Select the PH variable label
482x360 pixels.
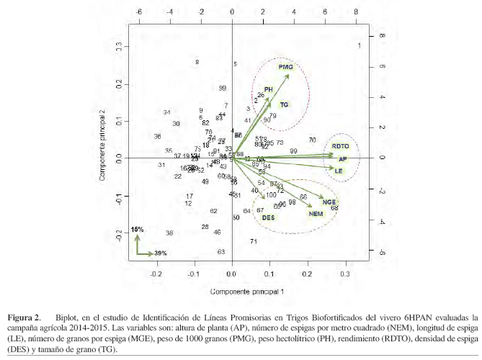tap(269, 89)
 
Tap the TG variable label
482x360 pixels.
tap(285, 104)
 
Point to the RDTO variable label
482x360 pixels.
tap(341, 146)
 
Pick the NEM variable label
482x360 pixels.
tap(316, 214)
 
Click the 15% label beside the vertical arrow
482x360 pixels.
tap(138, 229)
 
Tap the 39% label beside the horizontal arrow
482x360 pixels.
tap(161, 253)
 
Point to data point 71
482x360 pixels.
tap(254, 242)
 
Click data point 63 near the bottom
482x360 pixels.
tap(221, 251)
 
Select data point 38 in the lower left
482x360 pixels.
tap(169, 233)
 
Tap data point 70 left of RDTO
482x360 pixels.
tap(312, 140)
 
